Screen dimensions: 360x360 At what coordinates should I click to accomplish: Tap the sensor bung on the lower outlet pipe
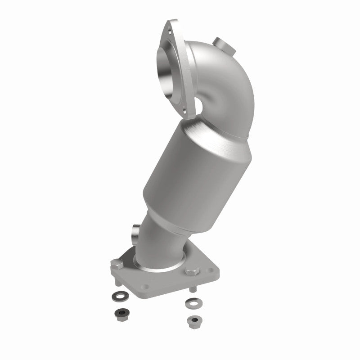(135, 233)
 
